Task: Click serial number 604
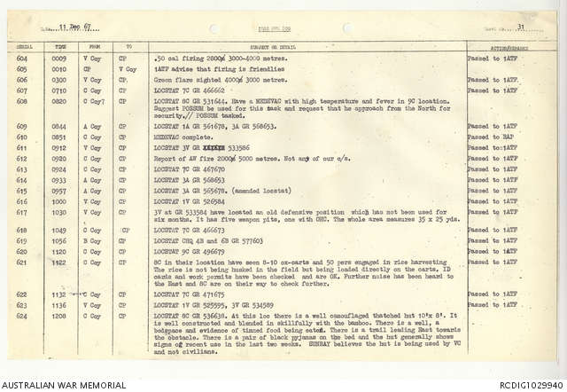coord(21,58)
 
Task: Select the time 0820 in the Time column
coord(58,102)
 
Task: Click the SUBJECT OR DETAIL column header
coord(273,45)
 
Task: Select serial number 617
coord(22,213)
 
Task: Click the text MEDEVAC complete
coord(182,137)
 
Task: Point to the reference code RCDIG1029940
coord(530,384)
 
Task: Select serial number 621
coord(22,263)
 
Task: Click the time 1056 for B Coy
coord(59,239)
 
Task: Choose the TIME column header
coord(58,45)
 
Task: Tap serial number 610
coord(22,137)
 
